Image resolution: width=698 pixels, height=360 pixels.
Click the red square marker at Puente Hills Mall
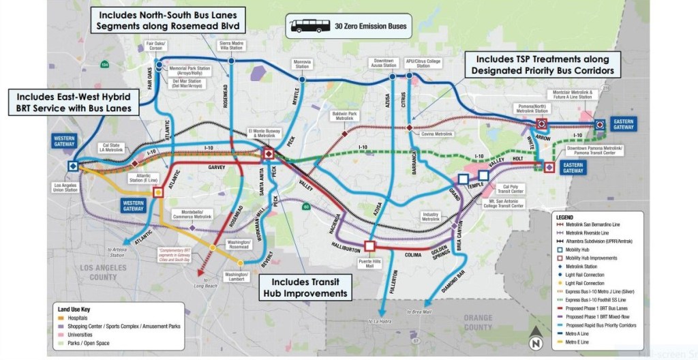coord(370,245)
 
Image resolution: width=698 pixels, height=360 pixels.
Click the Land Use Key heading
coord(74,309)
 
